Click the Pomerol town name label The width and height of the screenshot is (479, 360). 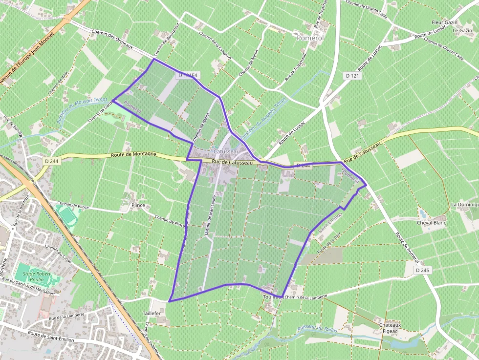[310, 37]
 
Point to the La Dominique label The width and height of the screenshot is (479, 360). [464, 205]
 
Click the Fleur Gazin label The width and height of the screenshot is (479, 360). [444, 22]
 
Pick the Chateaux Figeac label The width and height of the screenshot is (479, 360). [390, 328]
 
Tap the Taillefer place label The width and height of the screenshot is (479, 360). [152, 313]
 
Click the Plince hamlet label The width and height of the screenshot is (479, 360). [138, 206]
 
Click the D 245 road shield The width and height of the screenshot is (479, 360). [423, 270]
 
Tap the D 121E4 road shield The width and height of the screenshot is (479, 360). [188, 75]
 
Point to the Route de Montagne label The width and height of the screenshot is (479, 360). [133, 154]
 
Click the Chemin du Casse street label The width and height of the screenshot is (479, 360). [58, 254]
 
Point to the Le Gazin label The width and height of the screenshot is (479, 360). [461, 30]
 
